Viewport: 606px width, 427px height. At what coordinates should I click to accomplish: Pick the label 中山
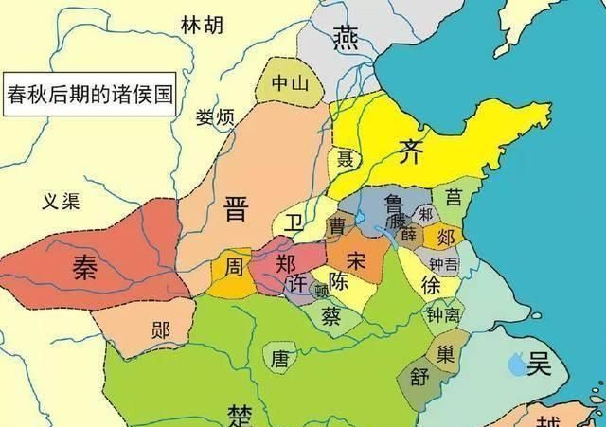pyautogui.click(x=290, y=82)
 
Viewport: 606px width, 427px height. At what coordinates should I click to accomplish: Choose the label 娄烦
pyautogui.click(x=214, y=117)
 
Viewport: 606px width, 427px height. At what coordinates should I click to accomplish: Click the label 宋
pyautogui.click(x=356, y=259)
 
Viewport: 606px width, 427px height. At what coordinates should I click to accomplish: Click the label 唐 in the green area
pyautogui.click(x=279, y=358)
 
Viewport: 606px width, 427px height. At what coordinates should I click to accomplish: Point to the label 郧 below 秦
pyautogui.click(x=160, y=330)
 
